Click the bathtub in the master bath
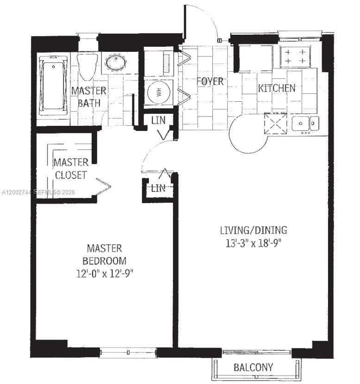pos(52,86)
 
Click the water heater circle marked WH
pos(159,92)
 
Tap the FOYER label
pos(210,81)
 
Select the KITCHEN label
pos(276,88)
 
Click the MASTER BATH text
pos(88,97)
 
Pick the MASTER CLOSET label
pos(70,169)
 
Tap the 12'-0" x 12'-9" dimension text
pos(105,273)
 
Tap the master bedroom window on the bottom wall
pos(128,353)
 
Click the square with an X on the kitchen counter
pos(275,124)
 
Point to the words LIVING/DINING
pos(253,230)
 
